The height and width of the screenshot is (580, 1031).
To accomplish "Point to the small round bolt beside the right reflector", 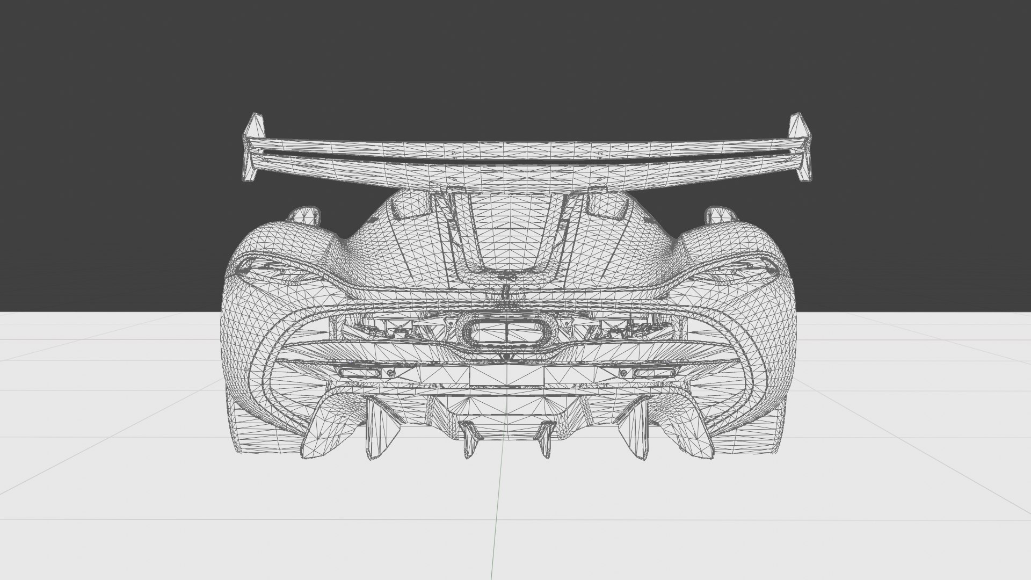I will click(x=623, y=373).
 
